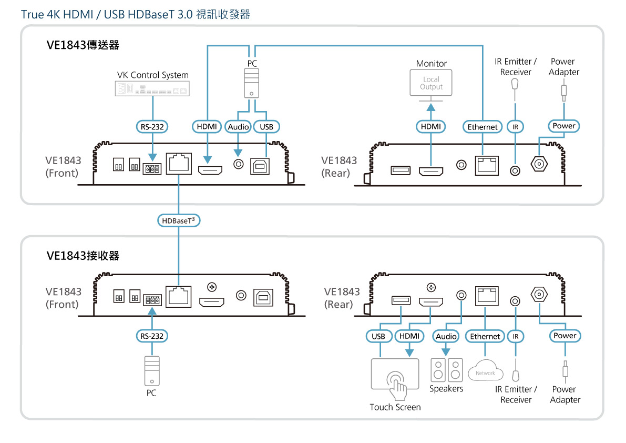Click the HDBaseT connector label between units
click(179, 221)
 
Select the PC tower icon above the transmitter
click(252, 84)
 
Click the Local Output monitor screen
click(431, 83)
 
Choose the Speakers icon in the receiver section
click(446, 370)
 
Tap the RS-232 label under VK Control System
click(152, 126)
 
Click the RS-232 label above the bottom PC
click(152, 336)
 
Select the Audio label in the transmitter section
click(238, 127)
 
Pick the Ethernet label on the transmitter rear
click(483, 127)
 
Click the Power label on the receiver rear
click(565, 336)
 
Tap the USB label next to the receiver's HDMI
click(378, 336)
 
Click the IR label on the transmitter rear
click(516, 127)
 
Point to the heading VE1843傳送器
click(83, 45)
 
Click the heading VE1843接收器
click(83, 256)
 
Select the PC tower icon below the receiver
click(152, 371)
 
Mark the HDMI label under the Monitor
click(431, 127)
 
